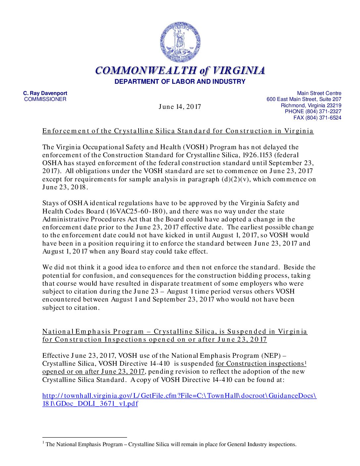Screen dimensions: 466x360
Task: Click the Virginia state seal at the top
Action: [180, 42]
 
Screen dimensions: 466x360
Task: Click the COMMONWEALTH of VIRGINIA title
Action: [180, 70]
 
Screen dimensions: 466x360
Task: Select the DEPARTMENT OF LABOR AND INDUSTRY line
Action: [180, 81]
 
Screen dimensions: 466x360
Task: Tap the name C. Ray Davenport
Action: [45, 93]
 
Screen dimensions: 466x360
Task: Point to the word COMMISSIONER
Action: [45, 99]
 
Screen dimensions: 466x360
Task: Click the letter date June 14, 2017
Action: [180, 107]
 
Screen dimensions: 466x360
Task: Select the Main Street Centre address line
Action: [319, 93]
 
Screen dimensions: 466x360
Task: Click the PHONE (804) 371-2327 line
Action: [313, 112]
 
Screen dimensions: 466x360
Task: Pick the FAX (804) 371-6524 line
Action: [317, 118]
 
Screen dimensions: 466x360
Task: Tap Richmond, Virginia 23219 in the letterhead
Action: [311, 106]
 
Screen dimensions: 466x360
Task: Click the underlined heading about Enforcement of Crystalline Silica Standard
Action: [178, 131]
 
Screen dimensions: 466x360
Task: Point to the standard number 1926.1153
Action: [285, 155]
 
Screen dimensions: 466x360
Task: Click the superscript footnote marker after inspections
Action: [305, 362]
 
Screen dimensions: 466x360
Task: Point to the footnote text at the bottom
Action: [171, 444]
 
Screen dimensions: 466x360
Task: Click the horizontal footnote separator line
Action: [85, 438]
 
